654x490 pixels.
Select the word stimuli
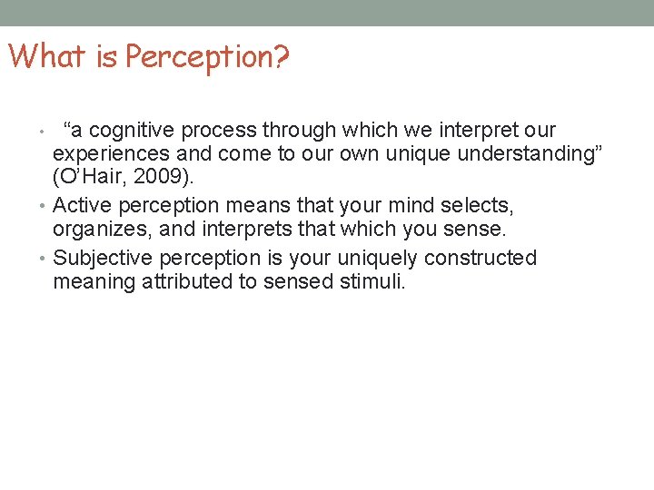pyautogui.click(x=373, y=282)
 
